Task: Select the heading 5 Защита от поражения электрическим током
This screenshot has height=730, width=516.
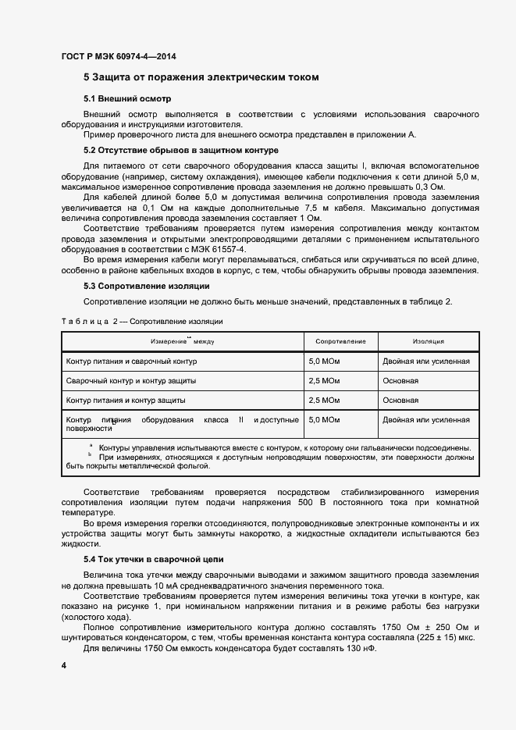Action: click(x=201, y=78)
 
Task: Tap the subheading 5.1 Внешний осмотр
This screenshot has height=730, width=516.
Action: click(x=126, y=99)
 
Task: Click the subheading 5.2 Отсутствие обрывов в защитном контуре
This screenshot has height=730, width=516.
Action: click(x=180, y=150)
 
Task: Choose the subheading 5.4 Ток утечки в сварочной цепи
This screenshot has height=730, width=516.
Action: click(x=153, y=560)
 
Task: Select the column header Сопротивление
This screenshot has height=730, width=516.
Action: click(x=340, y=342)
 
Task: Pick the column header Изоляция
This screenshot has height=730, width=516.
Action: click(x=429, y=342)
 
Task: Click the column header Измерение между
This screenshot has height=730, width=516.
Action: click(x=182, y=342)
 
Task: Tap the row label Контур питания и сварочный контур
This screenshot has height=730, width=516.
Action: click(x=132, y=361)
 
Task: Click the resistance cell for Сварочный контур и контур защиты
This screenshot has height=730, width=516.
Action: click(x=324, y=381)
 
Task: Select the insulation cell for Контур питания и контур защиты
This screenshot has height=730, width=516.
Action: click(x=400, y=400)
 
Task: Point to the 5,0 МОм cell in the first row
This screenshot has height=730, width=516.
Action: click(x=324, y=361)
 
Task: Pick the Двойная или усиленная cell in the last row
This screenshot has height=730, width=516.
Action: click(x=426, y=420)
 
